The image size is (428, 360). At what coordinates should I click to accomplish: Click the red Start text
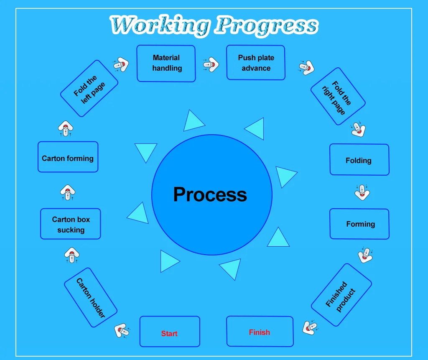tap(169, 334)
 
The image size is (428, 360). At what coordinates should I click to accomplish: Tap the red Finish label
tap(259, 332)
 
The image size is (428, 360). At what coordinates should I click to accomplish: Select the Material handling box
tap(166, 63)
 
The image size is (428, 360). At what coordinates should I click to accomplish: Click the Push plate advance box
tap(256, 63)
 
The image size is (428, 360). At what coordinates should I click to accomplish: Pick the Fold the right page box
tap(338, 97)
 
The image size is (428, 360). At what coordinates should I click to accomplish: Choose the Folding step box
tap(359, 160)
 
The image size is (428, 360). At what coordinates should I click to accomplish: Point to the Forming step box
tap(360, 224)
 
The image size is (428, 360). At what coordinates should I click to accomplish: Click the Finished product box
tap(341, 295)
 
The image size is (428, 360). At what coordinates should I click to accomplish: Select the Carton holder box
tap(91, 298)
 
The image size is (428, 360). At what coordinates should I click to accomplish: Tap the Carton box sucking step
tap(71, 224)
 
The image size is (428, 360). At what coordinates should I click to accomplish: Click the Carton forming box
tap(68, 158)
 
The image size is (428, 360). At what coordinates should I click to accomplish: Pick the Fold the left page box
tap(89, 88)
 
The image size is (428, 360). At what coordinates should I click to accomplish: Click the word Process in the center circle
tap(210, 194)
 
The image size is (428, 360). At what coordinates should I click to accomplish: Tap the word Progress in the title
tap(266, 26)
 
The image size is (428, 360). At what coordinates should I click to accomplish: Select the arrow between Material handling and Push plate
tap(211, 64)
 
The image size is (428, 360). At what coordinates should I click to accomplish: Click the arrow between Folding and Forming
tap(362, 192)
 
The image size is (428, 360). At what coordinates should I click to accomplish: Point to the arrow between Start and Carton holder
tap(121, 330)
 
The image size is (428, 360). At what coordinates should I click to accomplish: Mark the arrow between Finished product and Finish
tap(310, 327)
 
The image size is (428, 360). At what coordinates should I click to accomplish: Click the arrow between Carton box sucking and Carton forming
tap(68, 192)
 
